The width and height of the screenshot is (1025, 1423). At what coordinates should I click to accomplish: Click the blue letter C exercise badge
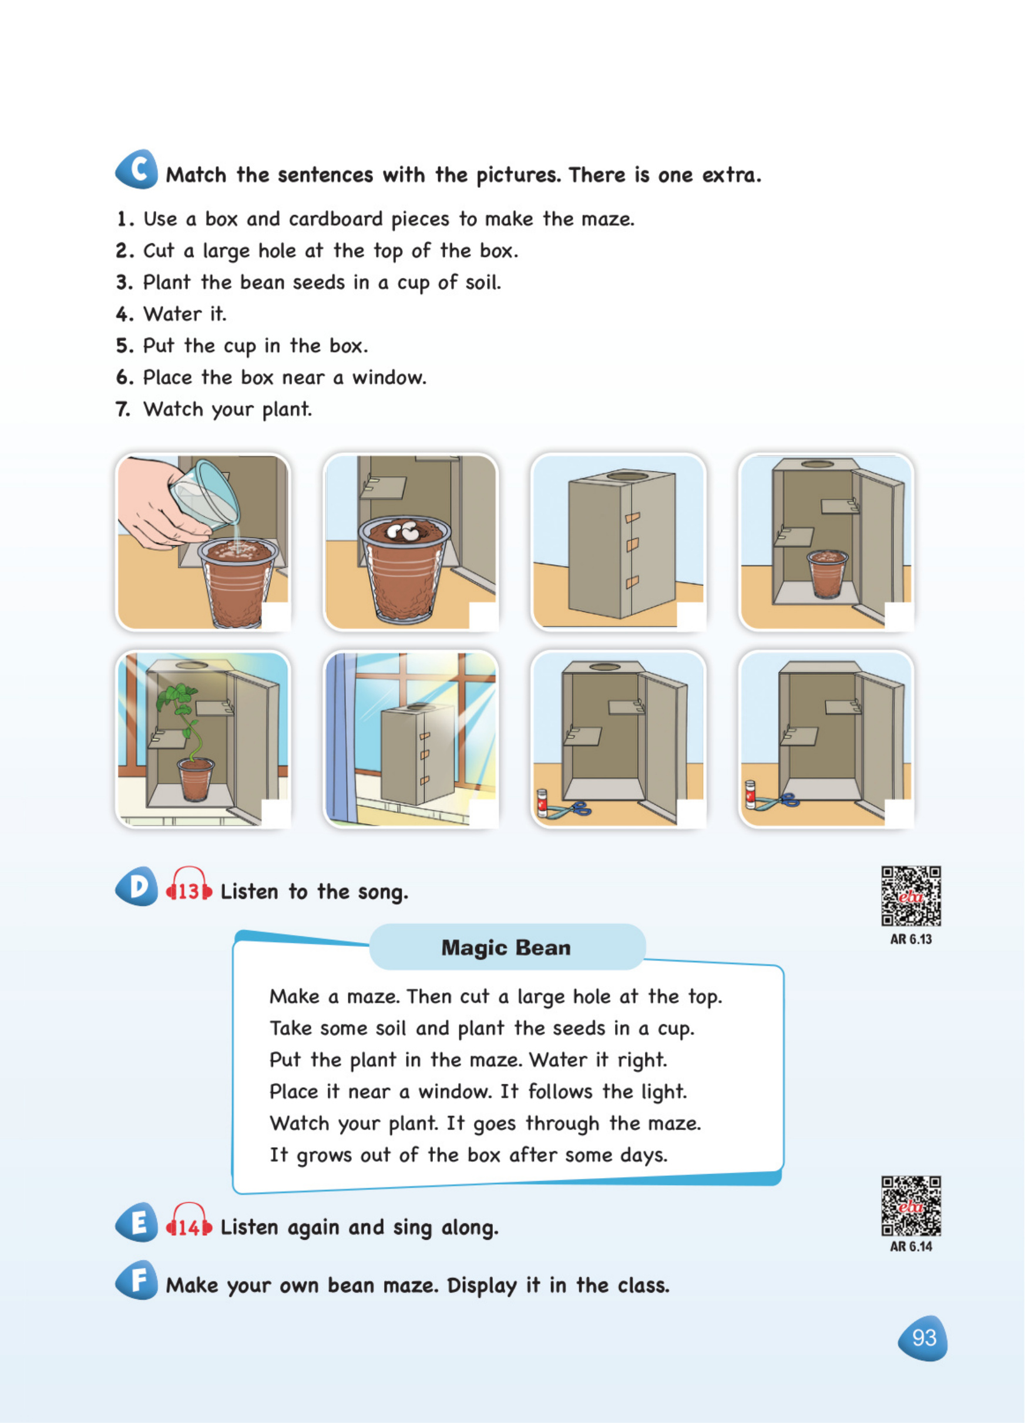[x=137, y=169]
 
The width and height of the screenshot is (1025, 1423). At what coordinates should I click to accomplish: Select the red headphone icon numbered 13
[x=189, y=885]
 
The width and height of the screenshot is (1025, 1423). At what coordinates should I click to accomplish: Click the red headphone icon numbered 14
[x=189, y=1221]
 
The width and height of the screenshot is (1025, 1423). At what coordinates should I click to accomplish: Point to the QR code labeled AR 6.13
[x=911, y=896]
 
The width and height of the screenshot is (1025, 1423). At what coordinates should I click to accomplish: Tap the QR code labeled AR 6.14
[x=911, y=1206]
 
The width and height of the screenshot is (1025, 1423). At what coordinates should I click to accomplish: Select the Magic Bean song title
[x=506, y=947]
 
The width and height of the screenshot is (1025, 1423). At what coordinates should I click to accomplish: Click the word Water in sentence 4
[x=173, y=313]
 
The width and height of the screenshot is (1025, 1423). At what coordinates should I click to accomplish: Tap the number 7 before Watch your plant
[x=123, y=410]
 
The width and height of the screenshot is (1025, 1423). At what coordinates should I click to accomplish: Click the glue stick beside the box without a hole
[x=750, y=794]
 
